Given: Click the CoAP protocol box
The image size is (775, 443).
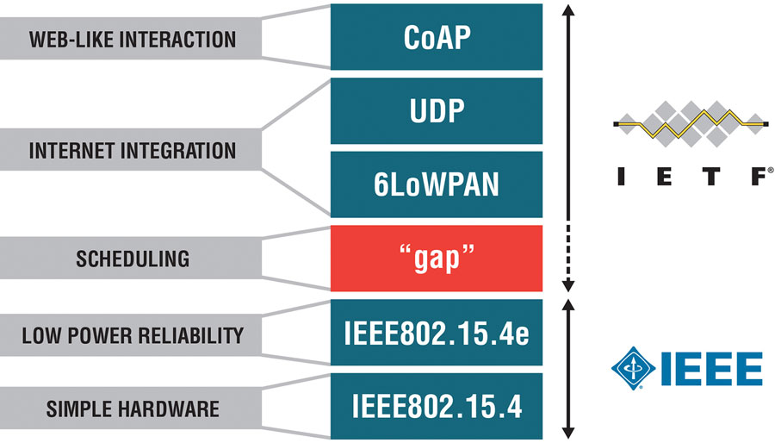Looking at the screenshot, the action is pyautogui.click(x=437, y=37).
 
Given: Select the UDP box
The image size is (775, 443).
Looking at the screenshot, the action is pyautogui.click(x=437, y=110).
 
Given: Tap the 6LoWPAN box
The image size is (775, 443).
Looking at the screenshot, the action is pyautogui.click(x=437, y=184).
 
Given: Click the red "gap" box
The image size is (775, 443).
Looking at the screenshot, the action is pyautogui.click(x=437, y=258).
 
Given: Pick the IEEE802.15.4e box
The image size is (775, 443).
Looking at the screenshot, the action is pyautogui.click(x=437, y=333).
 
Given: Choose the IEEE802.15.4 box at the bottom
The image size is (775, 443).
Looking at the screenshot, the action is pyautogui.click(x=437, y=407).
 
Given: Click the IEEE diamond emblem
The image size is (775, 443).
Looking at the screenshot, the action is pyautogui.click(x=633, y=368).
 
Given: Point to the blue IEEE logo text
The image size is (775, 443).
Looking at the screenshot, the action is pyautogui.click(x=712, y=369).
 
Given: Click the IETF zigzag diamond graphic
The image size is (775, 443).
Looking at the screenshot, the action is pyautogui.click(x=691, y=123).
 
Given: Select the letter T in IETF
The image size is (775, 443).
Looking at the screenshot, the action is pyautogui.click(x=711, y=177).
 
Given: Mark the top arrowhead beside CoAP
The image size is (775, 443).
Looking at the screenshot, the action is pyautogui.click(x=568, y=9).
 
